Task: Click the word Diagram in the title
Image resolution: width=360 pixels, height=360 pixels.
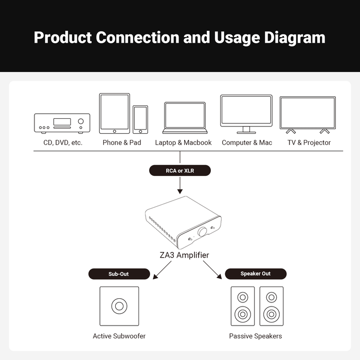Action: pyautogui.click(x=295, y=38)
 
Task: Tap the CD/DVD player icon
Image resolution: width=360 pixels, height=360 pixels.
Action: pyautogui.click(x=62, y=123)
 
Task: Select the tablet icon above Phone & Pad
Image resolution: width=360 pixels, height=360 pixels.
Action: pyautogui.click(x=114, y=114)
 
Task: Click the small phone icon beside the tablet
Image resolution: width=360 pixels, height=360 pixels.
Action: pyautogui.click(x=140, y=120)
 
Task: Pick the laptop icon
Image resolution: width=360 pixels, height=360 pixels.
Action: pyautogui.click(x=185, y=118)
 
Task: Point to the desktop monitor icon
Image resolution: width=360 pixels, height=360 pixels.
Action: pyautogui.click(x=246, y=114)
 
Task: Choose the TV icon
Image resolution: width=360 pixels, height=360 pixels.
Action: pyautogui.click(x=308, y=115)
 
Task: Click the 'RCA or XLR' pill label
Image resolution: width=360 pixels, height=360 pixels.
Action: pyautogui.click(x=180, y=171)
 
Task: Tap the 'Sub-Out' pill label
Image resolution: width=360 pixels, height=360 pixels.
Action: pyautogui.click(x=119, y=274)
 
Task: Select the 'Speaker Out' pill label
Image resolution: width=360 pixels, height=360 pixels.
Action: pyautogui.click(x=256, y=274)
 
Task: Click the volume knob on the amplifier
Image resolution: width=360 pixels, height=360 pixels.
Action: pyautogui.click(x=203, y=231)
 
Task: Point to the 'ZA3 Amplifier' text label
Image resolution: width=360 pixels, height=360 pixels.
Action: pyautogui.click(x=184, y=255)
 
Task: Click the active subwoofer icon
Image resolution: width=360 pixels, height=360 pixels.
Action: pyautogui.click(x=119, y=306)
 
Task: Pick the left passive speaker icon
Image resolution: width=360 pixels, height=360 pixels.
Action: pyautogui.click(x=243, y=306)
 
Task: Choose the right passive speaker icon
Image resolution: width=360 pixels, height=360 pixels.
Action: pyautogui.click(x=272, y=306)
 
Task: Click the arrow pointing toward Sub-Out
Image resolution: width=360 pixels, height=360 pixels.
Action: pyautogui.click(x=162, y=270)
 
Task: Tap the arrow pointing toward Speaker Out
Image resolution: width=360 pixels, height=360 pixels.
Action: pyautogui.click(x=212, y=270)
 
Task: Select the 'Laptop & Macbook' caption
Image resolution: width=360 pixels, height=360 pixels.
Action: pyautogui.click(x=183, y=142)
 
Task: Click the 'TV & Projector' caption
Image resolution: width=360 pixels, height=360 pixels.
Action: pyautogui.click(x=309, y=142)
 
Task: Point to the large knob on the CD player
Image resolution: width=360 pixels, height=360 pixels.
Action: pyautogui.click(x=81, y=121)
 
